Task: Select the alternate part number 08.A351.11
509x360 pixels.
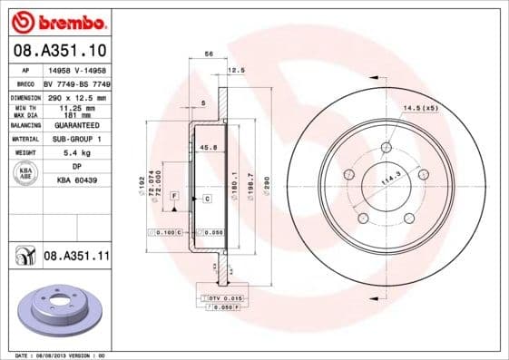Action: click(76, 257)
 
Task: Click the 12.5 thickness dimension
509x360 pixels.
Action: click(237, 70)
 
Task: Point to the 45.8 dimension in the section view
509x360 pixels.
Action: click(207, 147)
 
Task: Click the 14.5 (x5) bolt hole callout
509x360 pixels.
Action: click(420, 109)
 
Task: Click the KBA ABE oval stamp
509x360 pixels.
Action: click(24, 173)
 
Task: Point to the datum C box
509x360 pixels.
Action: click(207, 198)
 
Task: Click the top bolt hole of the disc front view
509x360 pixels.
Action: click(387, 148)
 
